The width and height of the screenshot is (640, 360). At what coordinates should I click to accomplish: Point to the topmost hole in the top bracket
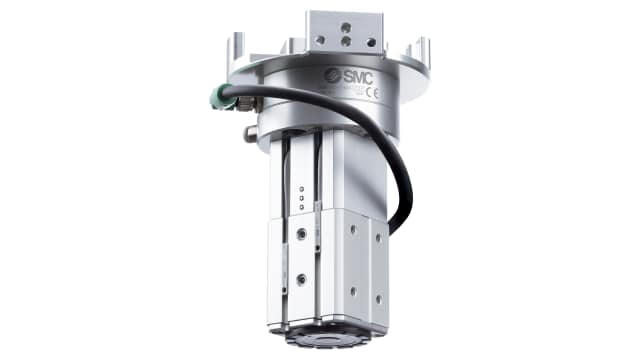click(345, 27)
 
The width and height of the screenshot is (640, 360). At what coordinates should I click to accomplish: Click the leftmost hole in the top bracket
click(321, 41)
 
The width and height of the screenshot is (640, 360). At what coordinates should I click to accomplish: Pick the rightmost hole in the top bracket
click(369, 41)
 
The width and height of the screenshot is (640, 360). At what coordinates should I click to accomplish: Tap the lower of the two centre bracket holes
click(345, 41)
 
